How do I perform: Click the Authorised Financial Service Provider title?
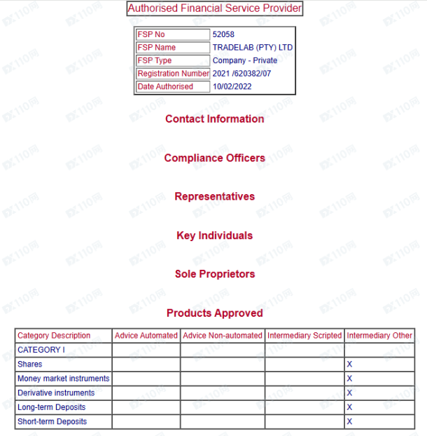pyautogui.click(x=215, y=8)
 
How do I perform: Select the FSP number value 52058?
pyautogui.click(x=223, y=34)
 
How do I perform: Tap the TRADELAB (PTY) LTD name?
pyautogui.click(x=253, y=48)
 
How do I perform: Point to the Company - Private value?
pyautogui.click(x=245, y=61)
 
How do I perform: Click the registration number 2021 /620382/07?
pyautogui.click(x=241, y=74)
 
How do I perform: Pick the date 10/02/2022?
pyautogui.click(x=232, y=87)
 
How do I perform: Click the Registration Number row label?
pyautogui.click(x=173, y=74)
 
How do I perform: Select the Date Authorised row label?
pyautogui.click(x=165, y=87)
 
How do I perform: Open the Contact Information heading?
pyautogui.click(x=215, y=119)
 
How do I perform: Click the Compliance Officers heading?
pyautogui.click(x=215, y=158)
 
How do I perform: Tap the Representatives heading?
pyautogui.click(x=215, y=196)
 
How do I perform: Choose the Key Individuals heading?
pyautogui.click(x=215, y=236)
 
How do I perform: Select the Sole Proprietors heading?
pyautogui.click(x=215, y=274)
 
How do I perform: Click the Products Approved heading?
pyautogui.click(x=215, y=313)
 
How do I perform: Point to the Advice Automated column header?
pyautogui.click(x=146, y=336)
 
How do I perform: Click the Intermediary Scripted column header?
pyautogui.click(x=304, y=336)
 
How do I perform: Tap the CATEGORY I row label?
pyautogui.click(x=41, y=350)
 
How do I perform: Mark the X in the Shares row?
pyautogui.click(x=349, y=365)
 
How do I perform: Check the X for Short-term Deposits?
pyautogui.click(x=349, y=422)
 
